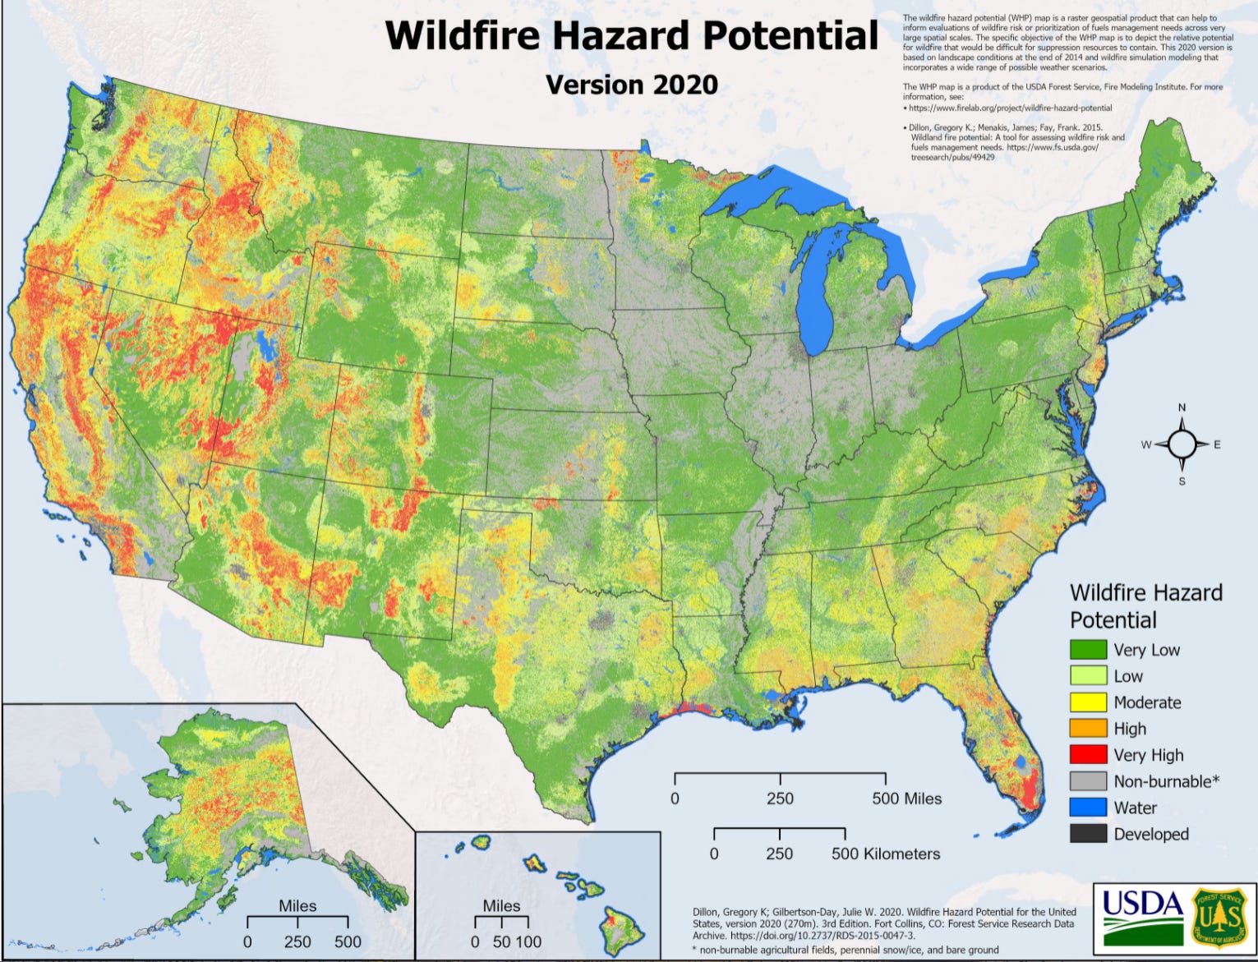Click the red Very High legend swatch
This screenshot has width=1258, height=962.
(x=1087, y=755)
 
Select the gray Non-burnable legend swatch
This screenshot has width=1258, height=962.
(x=1087, y=781)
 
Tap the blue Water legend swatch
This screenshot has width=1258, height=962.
(x=1087, y=808)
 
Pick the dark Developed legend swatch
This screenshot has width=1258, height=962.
(x=1087, y=834)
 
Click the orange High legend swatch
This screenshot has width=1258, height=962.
(x=1087, y=729)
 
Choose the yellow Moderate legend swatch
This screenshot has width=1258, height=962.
(x=1087, y=702)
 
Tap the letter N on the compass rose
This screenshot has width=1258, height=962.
(x=1182, y=407)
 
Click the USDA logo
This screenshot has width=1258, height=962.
(x=1142, y=914)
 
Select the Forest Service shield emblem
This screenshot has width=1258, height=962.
(x=1219, y=914)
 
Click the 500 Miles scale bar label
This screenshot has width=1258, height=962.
(x=906, y=799)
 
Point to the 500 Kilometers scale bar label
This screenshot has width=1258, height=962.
(x=885, y=854)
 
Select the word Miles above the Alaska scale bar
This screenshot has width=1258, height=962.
(x=297, y=905)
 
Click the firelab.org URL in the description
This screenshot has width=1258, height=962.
(x=1010, y=108)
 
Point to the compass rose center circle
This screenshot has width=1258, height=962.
(x=1182, y=444)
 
